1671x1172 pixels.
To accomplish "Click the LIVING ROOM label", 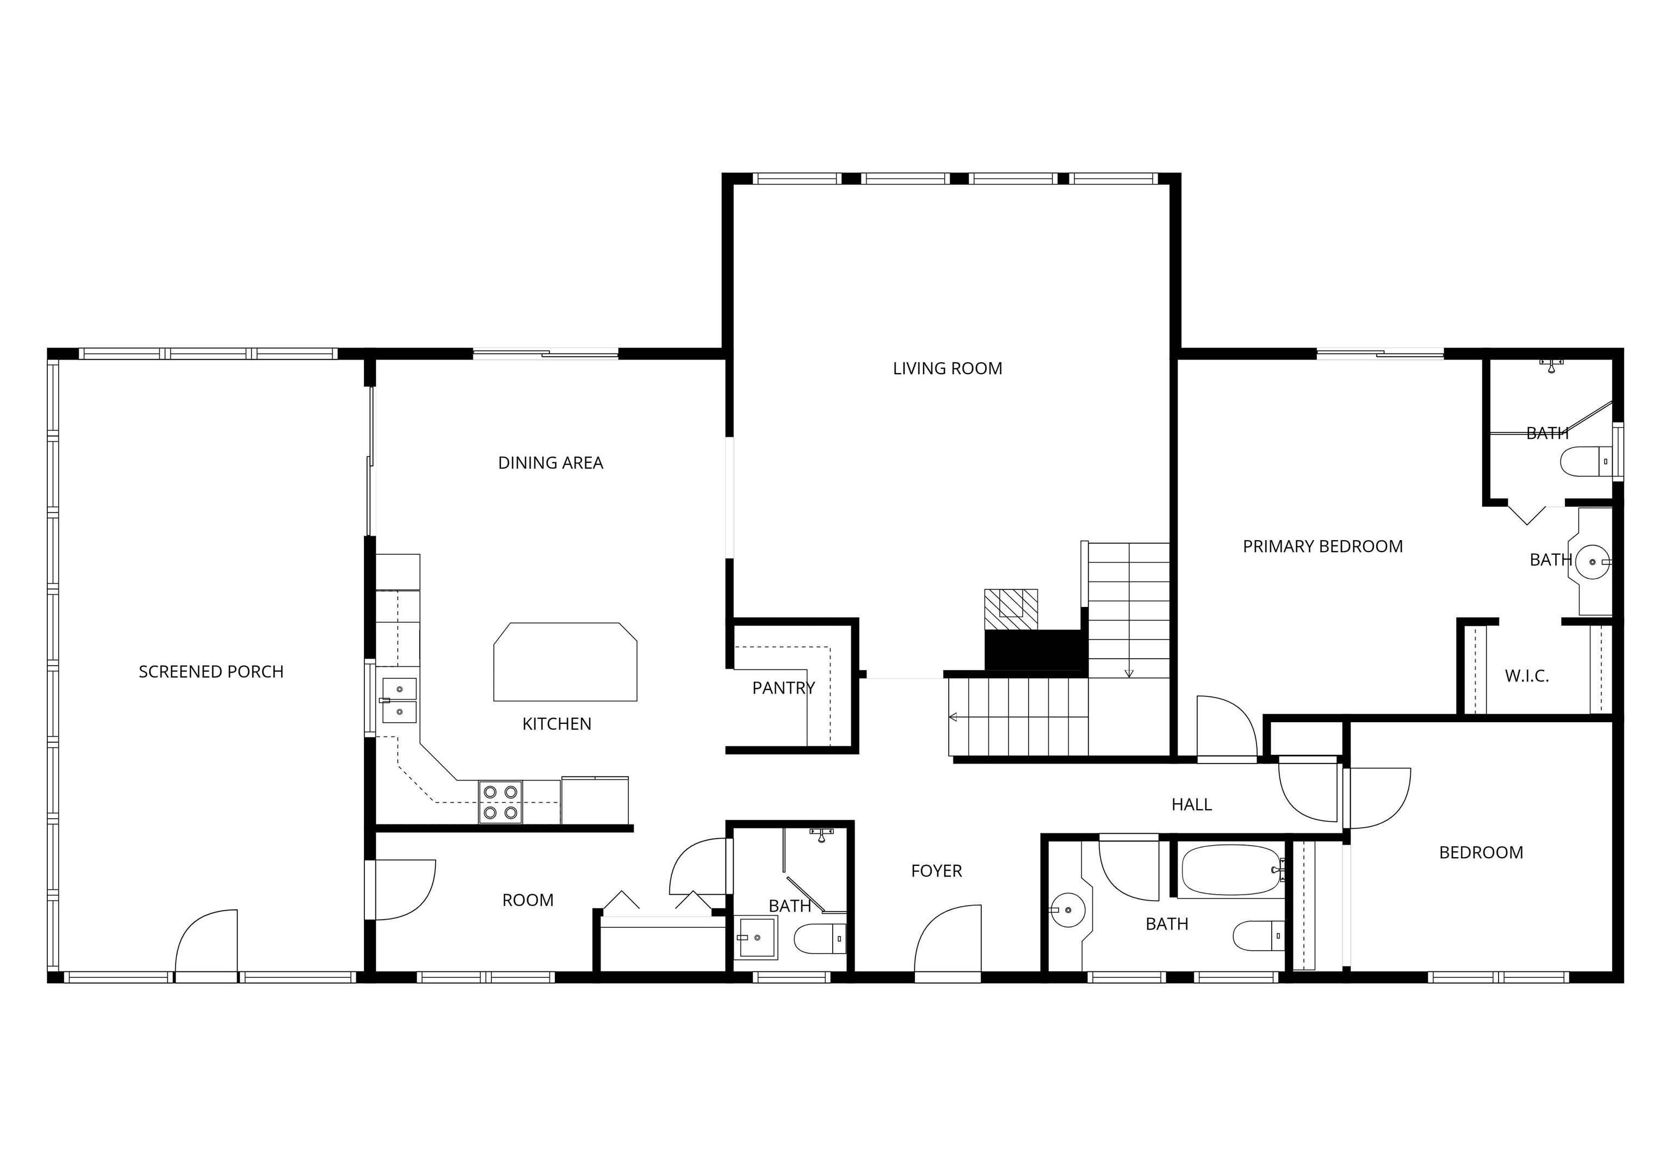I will (947, 369).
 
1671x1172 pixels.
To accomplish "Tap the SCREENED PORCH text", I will (211, 672).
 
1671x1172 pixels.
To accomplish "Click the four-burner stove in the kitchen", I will (500, 802).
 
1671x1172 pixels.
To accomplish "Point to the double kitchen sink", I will (399, 700).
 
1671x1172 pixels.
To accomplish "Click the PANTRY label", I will (783, 687).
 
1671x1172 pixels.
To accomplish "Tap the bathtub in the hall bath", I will (1229, 870).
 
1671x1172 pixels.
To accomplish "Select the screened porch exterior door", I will (207, 941).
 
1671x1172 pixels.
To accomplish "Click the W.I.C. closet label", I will (1526, 676).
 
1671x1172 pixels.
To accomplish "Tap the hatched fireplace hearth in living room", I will (1011, 609).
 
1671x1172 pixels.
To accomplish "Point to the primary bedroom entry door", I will (1226, 728).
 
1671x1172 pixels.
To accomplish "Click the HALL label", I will (1191, 804).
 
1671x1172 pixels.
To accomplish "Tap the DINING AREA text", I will (550, 463).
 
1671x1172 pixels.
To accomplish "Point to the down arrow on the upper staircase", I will (1129, 672).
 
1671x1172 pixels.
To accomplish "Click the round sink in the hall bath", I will (1068, 909).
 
